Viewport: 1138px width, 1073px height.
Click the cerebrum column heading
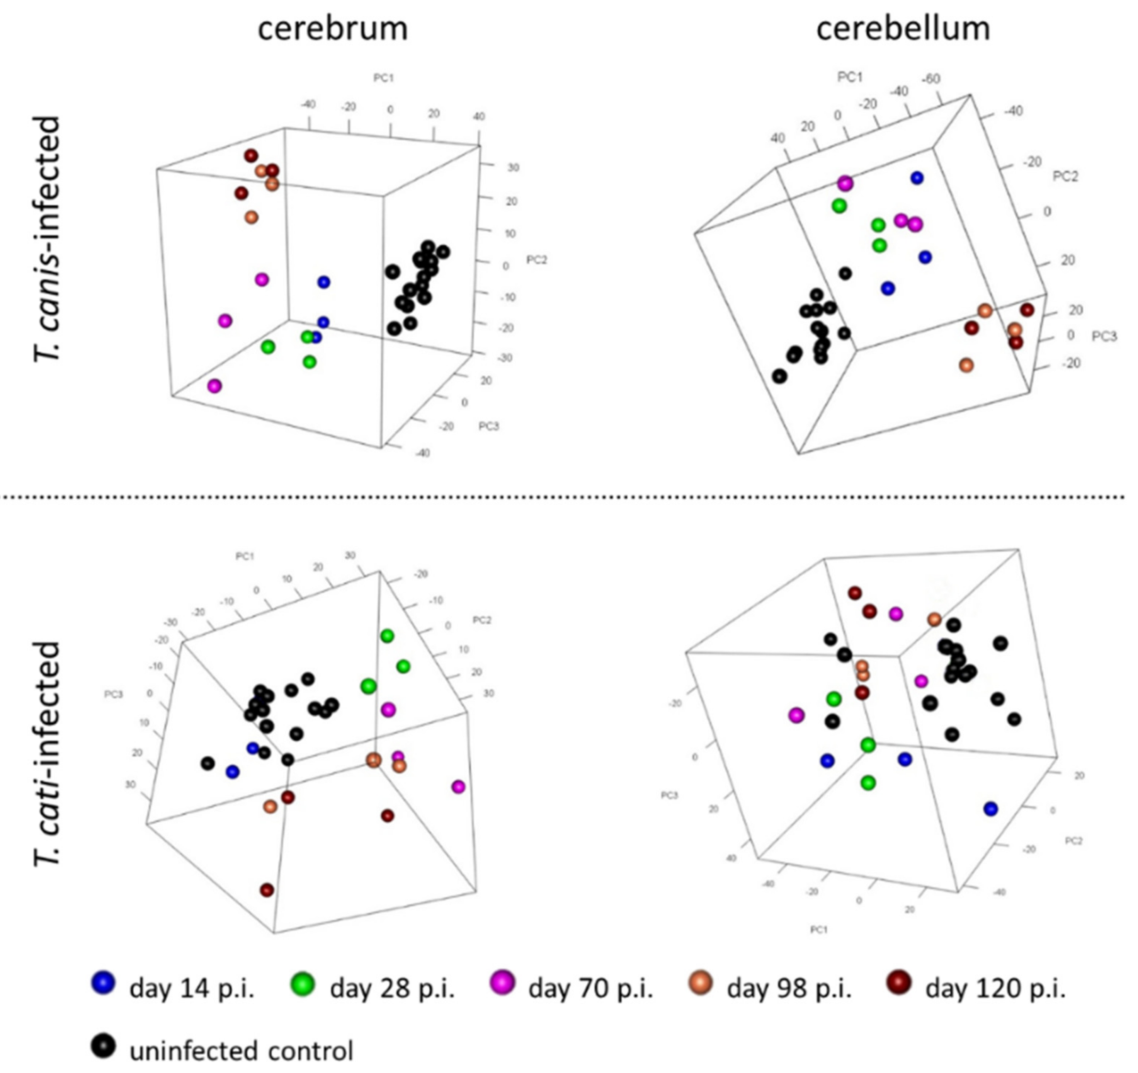click(333, 29)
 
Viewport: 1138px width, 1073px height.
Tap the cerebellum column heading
click(903, 29)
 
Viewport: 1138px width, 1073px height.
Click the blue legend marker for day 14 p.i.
click(103, 983)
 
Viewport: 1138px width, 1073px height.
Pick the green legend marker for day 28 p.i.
click(303, 983)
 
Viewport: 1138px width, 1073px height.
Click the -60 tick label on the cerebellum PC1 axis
click(931, 79)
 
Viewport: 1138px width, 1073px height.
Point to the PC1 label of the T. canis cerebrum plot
click(384, 78)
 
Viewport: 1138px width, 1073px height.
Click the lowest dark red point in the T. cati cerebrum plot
click(267, 890)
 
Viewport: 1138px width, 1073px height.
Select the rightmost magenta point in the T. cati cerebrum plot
click(458, 787)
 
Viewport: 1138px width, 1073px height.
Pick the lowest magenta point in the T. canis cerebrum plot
click(214, 386)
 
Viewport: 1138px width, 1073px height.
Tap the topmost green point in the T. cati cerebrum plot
click(388, 635)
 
